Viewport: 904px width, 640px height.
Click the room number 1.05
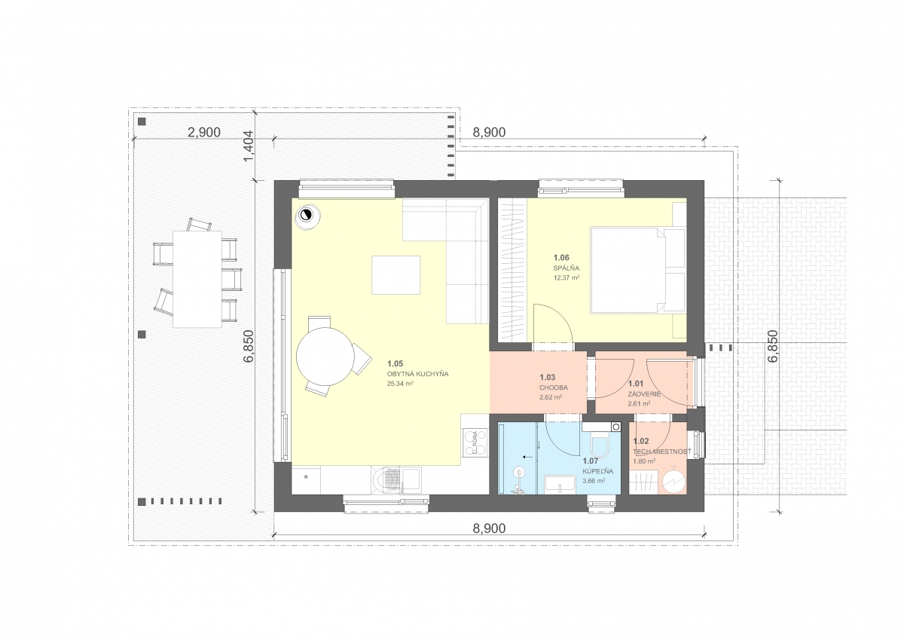coord(395,364)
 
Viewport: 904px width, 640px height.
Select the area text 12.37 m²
coord(567,277)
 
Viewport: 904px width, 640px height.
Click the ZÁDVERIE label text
coord(644,394)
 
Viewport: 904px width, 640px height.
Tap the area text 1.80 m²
coord(643,461)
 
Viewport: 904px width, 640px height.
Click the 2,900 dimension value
coord(204,133)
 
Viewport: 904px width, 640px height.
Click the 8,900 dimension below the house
coord(489,528)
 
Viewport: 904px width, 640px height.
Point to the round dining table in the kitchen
coord(325,357)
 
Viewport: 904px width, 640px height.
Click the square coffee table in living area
coord(396,275)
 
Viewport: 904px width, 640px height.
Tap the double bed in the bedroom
coord(637,270)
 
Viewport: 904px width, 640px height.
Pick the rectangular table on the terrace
coord(197,279)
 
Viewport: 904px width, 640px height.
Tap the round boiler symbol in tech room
coord(674,481)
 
